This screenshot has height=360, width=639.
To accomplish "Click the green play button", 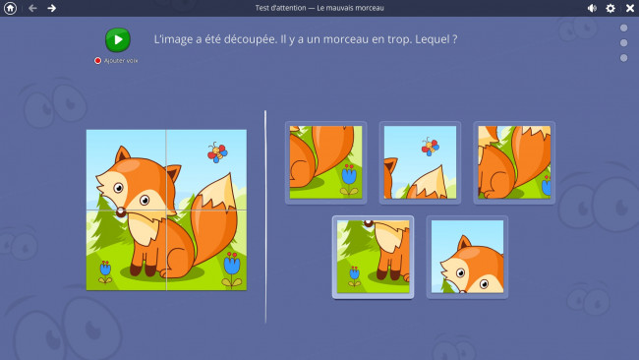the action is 118,40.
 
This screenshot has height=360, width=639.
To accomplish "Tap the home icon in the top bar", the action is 10,8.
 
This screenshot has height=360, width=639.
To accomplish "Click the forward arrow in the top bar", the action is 52,8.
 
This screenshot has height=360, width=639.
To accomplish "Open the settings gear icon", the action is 610,8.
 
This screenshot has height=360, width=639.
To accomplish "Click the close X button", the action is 630,8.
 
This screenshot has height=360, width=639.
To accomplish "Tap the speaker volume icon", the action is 592,8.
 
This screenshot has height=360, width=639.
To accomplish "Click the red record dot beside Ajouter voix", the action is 97,60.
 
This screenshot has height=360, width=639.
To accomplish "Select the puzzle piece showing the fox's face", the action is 467,257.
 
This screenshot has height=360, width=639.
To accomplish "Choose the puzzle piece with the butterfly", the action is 420,162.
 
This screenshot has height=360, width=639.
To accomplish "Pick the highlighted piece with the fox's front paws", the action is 373,257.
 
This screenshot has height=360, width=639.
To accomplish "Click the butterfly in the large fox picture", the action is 217,152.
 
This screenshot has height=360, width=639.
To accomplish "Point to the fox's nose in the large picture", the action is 121,212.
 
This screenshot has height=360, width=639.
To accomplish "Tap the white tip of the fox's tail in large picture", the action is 219,191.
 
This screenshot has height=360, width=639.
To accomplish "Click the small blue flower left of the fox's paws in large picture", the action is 105,271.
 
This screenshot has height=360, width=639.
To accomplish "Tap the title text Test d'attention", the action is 280,8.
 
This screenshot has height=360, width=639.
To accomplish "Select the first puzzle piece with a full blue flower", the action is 325,162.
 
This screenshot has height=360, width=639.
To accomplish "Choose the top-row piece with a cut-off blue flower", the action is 514,162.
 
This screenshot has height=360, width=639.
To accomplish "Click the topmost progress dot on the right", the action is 623,28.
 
